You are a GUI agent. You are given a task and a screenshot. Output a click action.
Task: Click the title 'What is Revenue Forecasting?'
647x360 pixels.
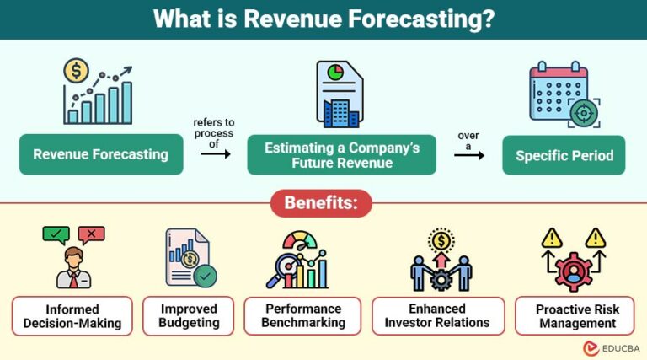coord(323,19)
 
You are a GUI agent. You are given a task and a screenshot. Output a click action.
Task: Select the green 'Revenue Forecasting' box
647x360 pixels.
coord(100,154)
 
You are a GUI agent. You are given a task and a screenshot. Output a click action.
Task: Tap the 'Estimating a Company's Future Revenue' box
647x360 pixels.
coord(341,154)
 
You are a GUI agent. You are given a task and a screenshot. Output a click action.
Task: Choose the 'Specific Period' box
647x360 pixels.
coord(564,155)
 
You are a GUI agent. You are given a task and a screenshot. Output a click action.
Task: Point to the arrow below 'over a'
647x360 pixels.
coord(475,155)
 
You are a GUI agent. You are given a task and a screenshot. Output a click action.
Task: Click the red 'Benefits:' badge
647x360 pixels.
coord(321,203)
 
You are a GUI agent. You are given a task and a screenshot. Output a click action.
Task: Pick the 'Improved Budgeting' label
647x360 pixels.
coord(188,315)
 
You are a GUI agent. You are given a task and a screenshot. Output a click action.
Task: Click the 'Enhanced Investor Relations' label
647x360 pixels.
coord(438,315)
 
